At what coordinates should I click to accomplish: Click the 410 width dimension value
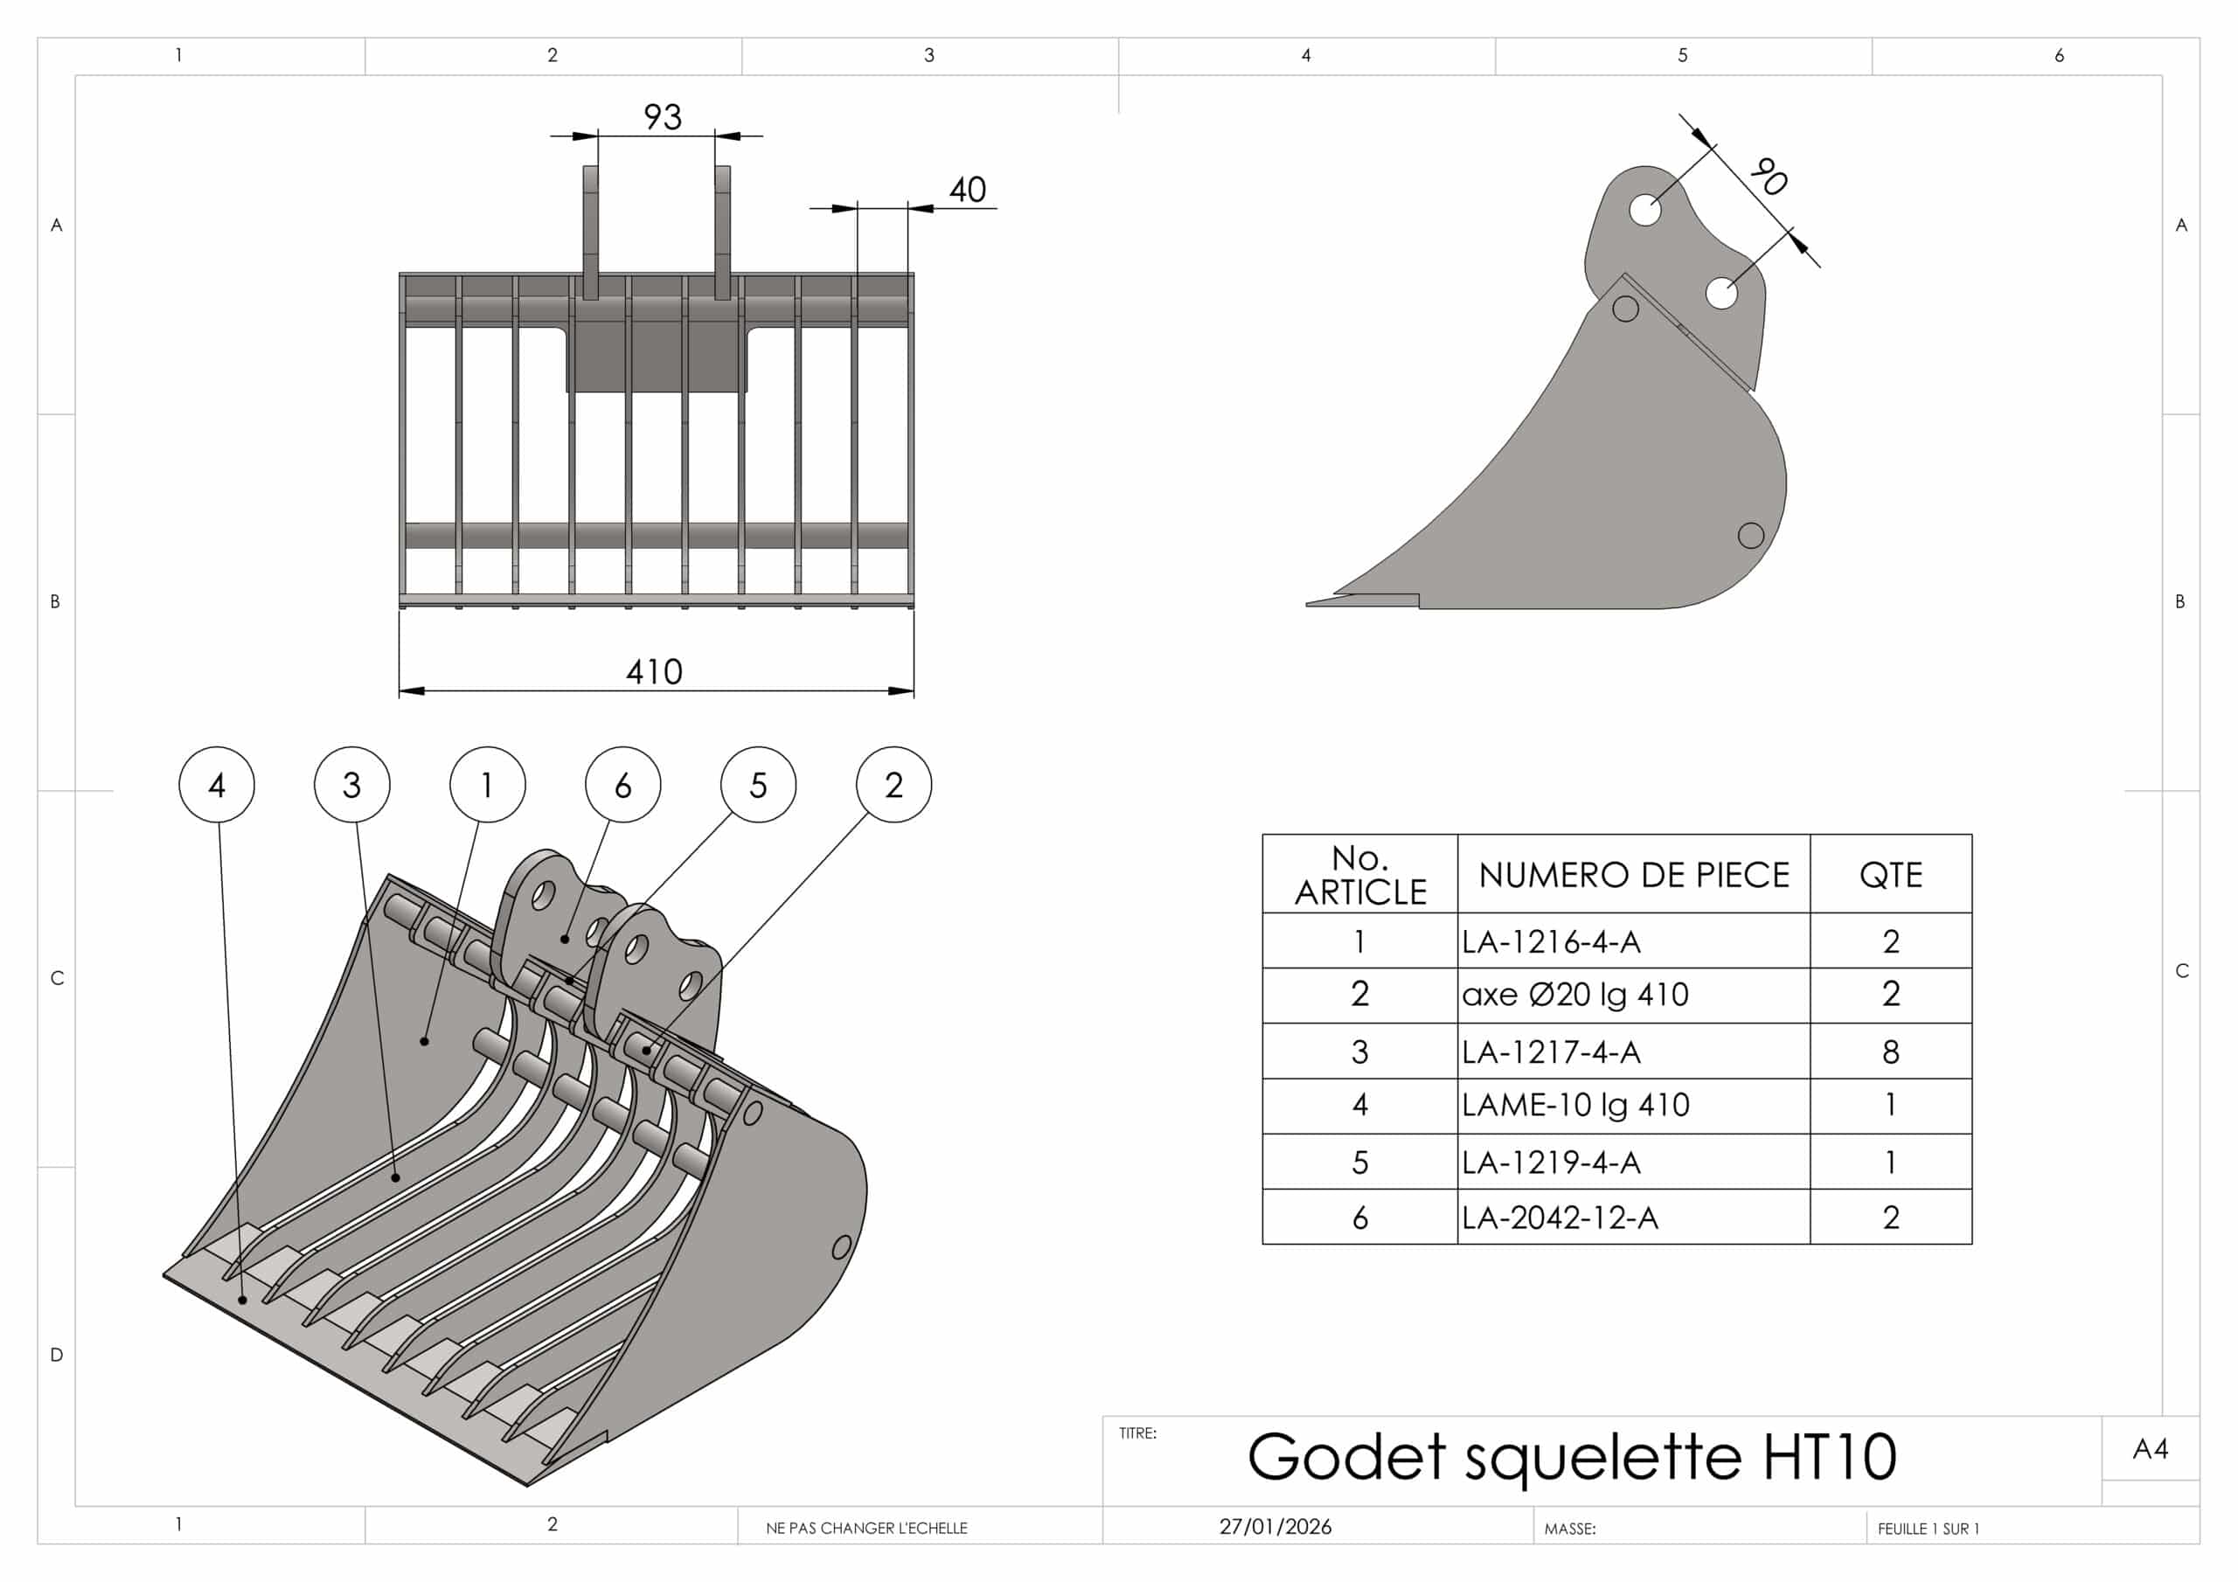point(654,671)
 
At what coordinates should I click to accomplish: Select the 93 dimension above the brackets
point(663,117)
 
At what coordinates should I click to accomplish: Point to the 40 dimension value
point(967,189)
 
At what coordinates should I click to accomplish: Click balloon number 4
point(217,785)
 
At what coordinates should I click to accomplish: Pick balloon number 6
point(622,785)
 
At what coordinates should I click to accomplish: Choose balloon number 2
point(893,785)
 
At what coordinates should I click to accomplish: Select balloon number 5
point(758,785)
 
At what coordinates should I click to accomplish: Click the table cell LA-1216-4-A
point(1551,941)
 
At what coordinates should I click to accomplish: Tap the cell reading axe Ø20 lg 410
point(1575,996)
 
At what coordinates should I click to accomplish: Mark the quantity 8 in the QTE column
point(1890,1051)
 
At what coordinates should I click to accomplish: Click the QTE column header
point(1890,874)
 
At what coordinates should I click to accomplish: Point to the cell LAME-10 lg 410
point(1575,1106)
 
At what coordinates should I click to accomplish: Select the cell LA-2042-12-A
point(1560,1218)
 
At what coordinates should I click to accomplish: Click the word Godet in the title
point(1346,1457)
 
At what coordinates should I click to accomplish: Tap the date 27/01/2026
point(1275,1526)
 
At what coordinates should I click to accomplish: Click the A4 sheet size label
point(2151,1449)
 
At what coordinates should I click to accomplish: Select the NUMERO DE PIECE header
point(1634,874)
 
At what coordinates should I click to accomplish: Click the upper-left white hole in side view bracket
point(1645,210)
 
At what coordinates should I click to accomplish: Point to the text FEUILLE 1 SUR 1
point(1928,1529)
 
